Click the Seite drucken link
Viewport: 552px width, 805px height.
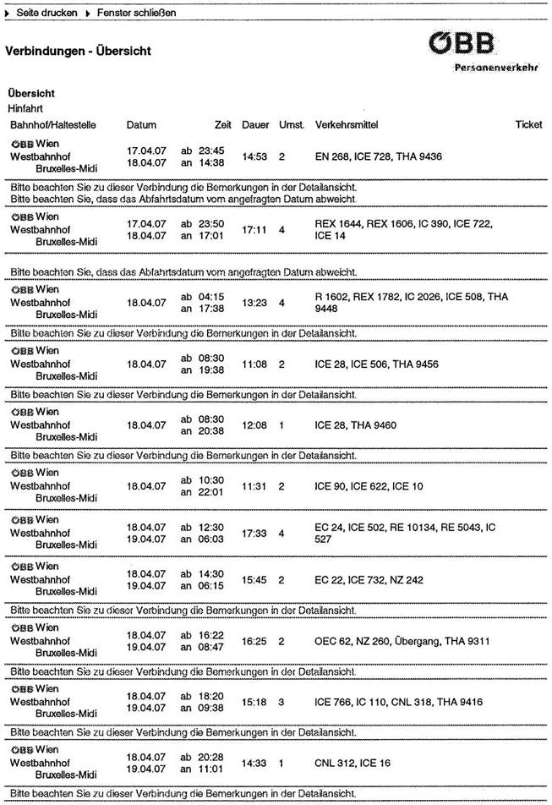pos(46,14)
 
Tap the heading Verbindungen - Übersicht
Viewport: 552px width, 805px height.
pos(78,52)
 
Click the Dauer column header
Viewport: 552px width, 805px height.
pos(255,125)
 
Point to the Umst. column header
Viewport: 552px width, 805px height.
pos(292,125)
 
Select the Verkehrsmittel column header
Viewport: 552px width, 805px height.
pos(346,125)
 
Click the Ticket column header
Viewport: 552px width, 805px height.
pos(528,125)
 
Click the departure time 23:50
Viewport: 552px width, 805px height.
pos(210,223)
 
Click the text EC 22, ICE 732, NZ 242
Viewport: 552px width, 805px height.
pos(363,580)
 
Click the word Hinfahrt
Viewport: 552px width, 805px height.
pos(25,109)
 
